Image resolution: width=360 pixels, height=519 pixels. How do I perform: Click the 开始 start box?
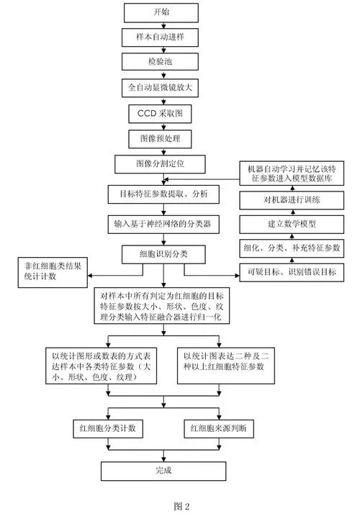point(161,12)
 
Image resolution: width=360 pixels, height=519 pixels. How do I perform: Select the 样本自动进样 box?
point(160,37)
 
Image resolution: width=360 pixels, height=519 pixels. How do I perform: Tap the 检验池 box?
point(160,62)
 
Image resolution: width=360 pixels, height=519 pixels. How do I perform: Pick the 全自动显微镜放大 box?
point(160,88)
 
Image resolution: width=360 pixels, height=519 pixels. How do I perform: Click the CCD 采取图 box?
point(160,114)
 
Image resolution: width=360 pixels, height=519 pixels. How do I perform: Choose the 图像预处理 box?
point(160,139)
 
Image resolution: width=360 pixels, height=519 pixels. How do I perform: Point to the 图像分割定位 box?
point(160,164)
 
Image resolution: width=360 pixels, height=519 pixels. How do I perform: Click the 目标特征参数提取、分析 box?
point(163,194)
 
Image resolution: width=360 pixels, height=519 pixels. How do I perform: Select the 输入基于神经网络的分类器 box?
point(163,225)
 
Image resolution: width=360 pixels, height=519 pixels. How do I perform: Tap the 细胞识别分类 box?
point(163,254)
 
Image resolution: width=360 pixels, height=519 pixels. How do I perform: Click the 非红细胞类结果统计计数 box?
point(53,272)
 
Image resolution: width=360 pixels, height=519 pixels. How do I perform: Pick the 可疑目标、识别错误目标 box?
point(292,272)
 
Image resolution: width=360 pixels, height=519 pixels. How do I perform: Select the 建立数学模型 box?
point(292,225)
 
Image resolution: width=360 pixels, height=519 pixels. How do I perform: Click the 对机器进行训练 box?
point(292,200)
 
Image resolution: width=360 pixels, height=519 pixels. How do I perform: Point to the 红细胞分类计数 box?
point(108,429)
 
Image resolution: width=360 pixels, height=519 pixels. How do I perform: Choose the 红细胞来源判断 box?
point(219,429)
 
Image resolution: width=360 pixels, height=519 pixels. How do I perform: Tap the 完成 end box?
point(163,471)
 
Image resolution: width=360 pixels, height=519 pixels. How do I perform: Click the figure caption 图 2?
point(181,506)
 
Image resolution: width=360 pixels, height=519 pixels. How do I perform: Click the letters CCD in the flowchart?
point(147,114)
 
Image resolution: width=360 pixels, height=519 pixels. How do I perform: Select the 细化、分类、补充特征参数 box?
point(292,248)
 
